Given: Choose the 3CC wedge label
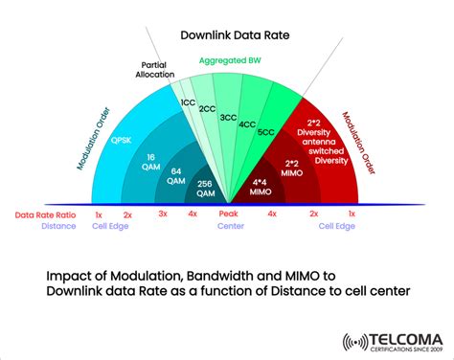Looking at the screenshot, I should click(x=228, y=118).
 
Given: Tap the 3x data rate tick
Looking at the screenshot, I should click(x=163, y=214).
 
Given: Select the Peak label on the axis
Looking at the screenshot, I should click(x=228, y=214).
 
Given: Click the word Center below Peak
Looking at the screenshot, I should click(x=228, y=228).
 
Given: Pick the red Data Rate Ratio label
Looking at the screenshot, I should click(x=44, y=215).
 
